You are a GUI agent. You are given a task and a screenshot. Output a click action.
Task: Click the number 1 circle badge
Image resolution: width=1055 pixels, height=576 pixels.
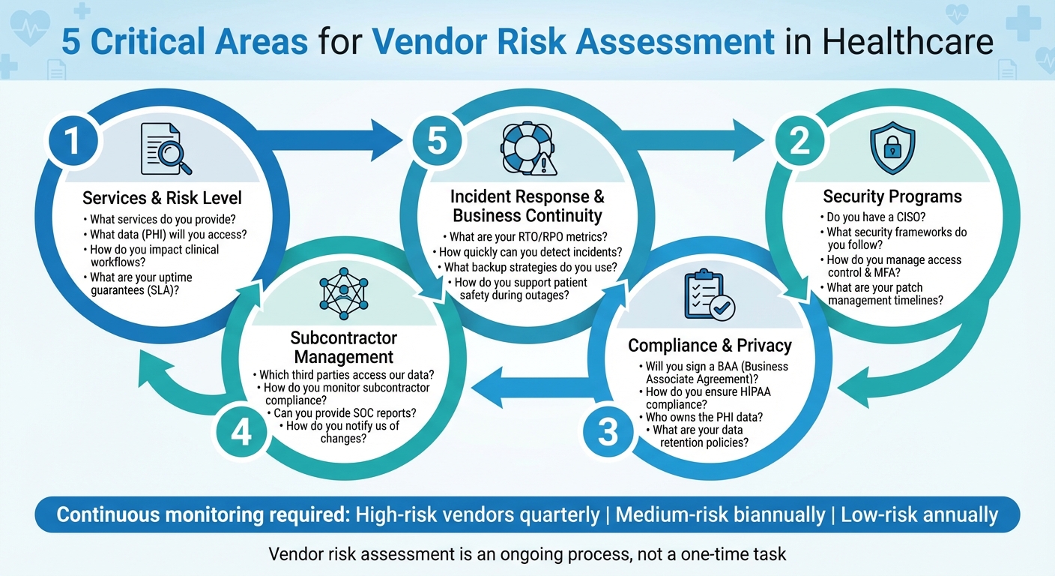coord(71,142)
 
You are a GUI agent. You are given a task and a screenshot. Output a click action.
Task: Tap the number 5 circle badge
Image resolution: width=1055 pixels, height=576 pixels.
coord(437,142)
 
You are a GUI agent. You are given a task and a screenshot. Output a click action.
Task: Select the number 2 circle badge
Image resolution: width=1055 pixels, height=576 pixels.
coord(799,142)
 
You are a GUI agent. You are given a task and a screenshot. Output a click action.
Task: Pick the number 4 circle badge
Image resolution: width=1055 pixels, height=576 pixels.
coord(241,433)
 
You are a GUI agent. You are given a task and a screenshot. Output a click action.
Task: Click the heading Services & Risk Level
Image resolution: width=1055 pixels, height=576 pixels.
coord(162,198)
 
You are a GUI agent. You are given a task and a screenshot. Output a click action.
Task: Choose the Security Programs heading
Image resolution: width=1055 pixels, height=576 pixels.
coord(892,196)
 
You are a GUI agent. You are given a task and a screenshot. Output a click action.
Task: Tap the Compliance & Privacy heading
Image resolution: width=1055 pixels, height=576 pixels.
coord(710,345)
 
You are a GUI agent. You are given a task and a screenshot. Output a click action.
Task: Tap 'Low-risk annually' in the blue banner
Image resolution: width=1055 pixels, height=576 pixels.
coord(919,514)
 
